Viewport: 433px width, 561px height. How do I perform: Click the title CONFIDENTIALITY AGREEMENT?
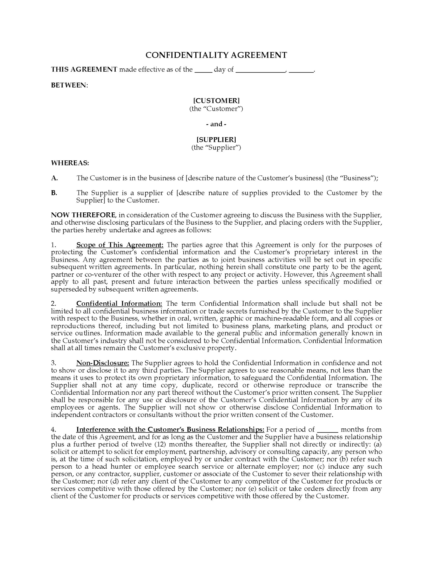216,55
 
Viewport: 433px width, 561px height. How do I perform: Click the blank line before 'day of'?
203,70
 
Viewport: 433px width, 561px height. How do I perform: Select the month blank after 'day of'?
260,70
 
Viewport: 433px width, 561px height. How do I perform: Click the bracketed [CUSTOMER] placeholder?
216,101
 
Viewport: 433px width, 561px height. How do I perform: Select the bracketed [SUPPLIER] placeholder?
216,139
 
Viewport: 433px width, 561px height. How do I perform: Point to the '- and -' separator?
216,124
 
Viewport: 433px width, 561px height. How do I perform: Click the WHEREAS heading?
70,163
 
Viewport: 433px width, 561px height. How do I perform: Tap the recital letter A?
54,178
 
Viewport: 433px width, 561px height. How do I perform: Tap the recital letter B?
54,193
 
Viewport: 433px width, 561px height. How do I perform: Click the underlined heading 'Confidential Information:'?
119,304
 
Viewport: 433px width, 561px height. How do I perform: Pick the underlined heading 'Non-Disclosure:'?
102,363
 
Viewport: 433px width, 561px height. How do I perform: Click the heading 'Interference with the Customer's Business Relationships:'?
170,430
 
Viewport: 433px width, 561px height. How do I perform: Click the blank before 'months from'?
327,430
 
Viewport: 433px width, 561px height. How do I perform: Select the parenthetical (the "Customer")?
216,109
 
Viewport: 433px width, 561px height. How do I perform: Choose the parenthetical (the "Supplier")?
216,147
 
